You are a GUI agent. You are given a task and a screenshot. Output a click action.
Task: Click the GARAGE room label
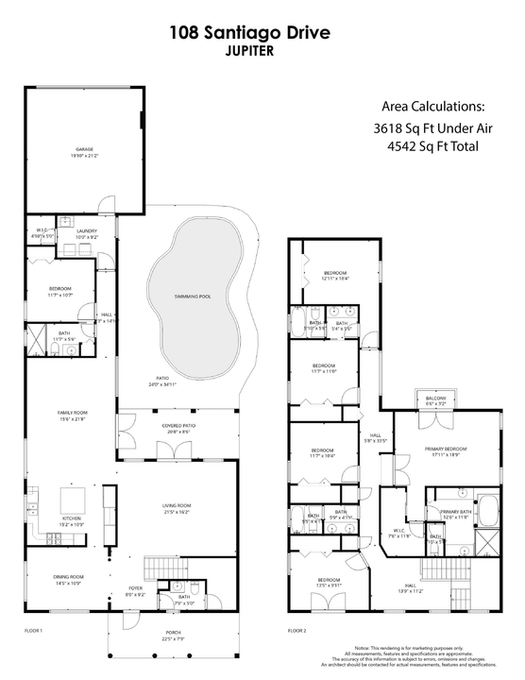click(85, 149)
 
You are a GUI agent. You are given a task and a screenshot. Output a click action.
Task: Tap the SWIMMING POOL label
click(193, 297)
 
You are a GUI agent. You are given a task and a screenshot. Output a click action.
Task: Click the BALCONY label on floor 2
click(435, 399)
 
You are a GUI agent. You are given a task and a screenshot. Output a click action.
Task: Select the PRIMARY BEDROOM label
click(446, 450)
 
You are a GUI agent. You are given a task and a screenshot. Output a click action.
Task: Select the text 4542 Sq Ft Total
click(432, 146)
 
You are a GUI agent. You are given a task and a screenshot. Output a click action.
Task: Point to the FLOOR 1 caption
click(34, 628)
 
